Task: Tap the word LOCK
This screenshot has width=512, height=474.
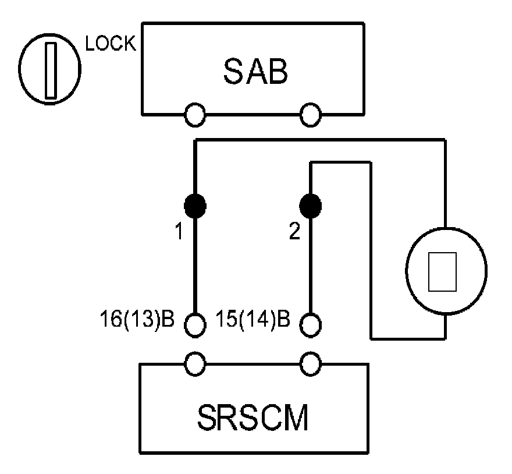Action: [x=111, y=44]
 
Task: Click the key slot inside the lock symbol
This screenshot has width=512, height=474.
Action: [x=51, y=70]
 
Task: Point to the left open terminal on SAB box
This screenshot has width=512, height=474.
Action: [x=195, y=114]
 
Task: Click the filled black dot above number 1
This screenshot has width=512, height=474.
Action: [x=195, y=205]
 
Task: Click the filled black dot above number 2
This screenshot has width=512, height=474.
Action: [x=311, y=205]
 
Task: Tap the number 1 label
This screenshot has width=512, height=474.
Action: [x=179, y=232]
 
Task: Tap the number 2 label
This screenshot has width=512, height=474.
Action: [x=295, y=232]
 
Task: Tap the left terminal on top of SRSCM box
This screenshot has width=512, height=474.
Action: [x=195, y=364]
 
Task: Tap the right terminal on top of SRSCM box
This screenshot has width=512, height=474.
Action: [x=311, y=364]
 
